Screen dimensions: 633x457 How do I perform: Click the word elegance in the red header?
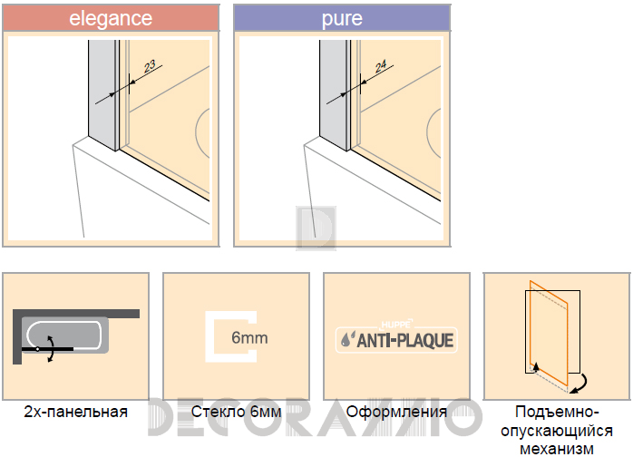click(x=111, y=18)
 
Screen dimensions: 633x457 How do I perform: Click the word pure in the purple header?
click(x=342, y=19)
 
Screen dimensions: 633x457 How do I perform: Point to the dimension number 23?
click(x=150, y=66)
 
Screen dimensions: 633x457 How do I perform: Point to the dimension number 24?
click(x=381, y=66)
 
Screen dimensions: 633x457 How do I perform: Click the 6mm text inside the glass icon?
click(x=249, y=337)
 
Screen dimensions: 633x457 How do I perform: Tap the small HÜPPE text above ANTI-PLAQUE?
click(x=396, y=325)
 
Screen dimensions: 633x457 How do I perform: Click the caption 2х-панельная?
click(x=76, y=412)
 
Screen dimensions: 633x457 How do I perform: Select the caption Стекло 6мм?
click(x=236, y=412)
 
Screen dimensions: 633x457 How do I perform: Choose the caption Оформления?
click(x=396, y=413)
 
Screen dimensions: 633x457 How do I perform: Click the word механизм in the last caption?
click(x=557, y=449)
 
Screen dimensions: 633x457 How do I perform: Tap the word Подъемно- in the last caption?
click(x=557, y=413)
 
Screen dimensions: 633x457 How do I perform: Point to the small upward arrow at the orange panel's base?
click(x=536, y=366)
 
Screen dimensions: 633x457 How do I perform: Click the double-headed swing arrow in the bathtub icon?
click(x=51, y=348)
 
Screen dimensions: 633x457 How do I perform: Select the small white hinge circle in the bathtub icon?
click(x=38, y=349)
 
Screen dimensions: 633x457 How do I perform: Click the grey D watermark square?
click(x=316, y=228)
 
